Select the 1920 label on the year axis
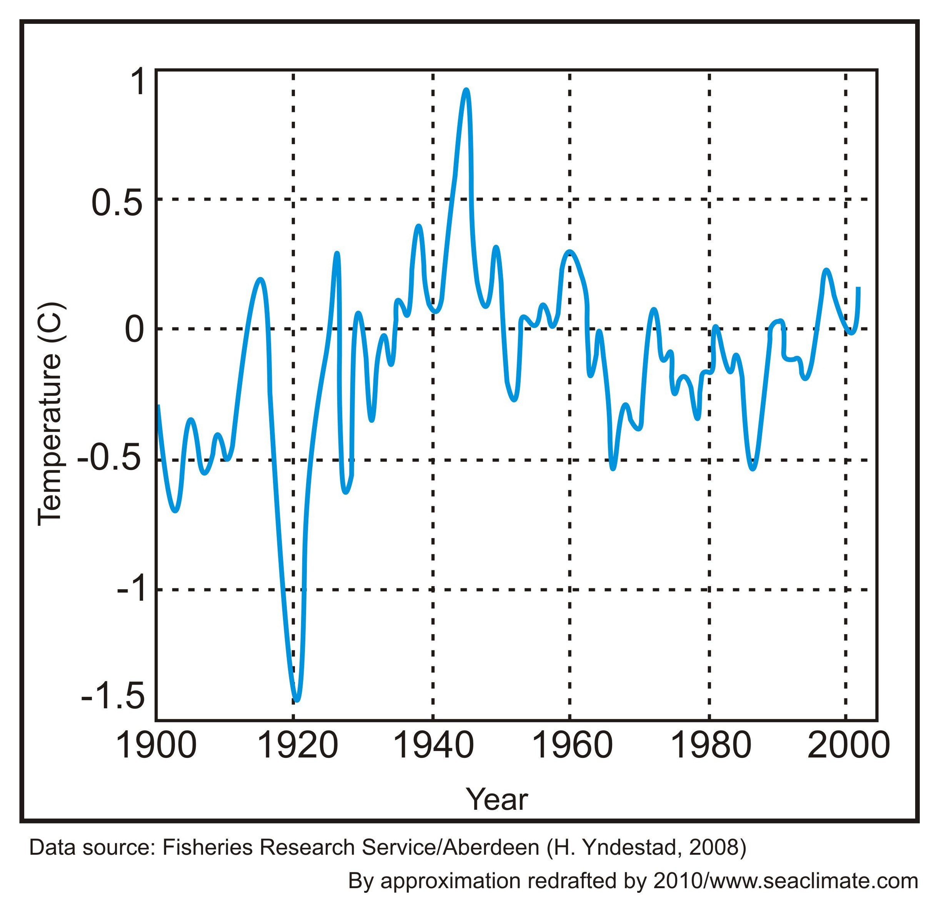pyautogui.click(x=298, y=746)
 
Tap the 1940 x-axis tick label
pyautogui.click(x=433, y=746)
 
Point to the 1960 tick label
pyautogui.click(x=572, y=746)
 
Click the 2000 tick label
pyautogui.click(x=848, y=746)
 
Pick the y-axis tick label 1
pyautogui.click(x=137, y=82)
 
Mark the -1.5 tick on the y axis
pyautogui.click(x=113, y=696)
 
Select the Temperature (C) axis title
pyautogui.click(x=50, y=414)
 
